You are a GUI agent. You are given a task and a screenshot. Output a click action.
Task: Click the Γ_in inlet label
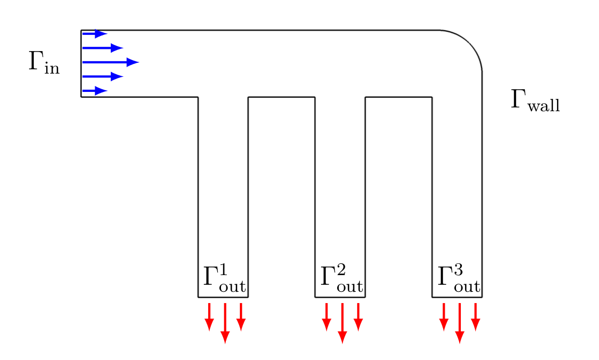pos(44,62)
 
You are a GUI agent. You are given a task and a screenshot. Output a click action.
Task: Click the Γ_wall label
pos(535,100)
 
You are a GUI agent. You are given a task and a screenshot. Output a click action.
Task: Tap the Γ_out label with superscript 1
pos(224,279)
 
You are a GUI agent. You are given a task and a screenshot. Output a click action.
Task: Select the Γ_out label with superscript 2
pos(341,279)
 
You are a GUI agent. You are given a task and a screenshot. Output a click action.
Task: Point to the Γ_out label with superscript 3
pos(459,279)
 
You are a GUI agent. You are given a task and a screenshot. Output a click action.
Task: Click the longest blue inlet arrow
pos(110,62)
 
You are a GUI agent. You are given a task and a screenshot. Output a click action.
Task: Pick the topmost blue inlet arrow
pos(95,34)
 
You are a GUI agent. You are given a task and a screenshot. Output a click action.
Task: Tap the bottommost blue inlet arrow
pos(95,91)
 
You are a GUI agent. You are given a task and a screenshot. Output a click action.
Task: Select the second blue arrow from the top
pos(103,48)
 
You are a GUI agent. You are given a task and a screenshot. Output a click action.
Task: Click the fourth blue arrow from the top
pos(103,76)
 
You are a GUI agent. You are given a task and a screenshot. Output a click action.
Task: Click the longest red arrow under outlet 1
pos(225,323)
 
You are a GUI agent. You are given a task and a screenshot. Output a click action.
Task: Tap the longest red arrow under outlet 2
pos(343,323)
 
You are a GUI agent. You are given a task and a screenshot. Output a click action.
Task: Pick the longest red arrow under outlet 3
pos(460,323)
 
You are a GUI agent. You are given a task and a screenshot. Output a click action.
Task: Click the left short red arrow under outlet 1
pos(209,317)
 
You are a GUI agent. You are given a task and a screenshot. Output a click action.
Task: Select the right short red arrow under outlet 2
pos(358,317)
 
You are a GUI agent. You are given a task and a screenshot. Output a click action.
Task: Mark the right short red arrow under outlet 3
pos(475,317)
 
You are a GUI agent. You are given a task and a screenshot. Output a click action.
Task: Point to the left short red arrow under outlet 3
pos(444,317)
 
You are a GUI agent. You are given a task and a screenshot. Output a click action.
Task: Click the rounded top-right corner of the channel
pos(470,42)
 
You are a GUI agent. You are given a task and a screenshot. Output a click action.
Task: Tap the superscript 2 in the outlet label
pos(341,270)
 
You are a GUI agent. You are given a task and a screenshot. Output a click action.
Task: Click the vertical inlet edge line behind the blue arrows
pos(81,63)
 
